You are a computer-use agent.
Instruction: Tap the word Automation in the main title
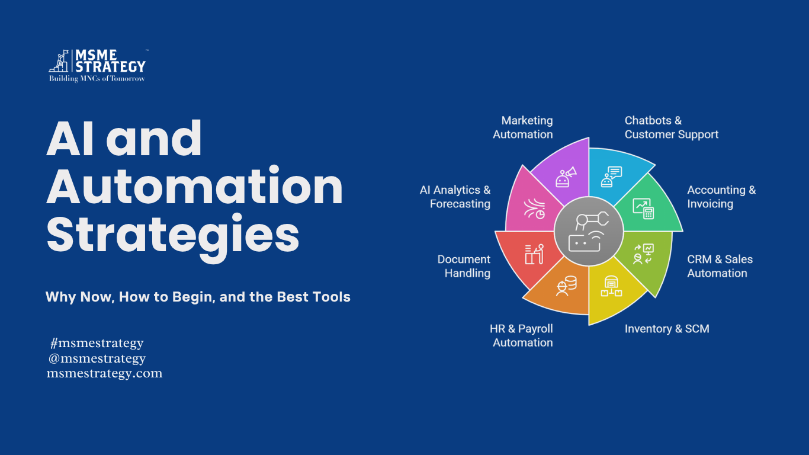[195, 187]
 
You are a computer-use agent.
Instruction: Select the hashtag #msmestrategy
[97, 343]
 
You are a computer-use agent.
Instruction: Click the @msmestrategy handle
[97, 358]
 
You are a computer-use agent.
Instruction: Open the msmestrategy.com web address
[104, 373]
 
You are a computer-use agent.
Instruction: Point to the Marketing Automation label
[522, 127]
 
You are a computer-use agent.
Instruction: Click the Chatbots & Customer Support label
[672, 127]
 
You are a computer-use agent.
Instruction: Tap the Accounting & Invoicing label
[721, 197]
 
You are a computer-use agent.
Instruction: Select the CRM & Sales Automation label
[720, 266]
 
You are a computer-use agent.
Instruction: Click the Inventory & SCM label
[667, 329]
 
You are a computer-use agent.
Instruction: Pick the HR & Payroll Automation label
[521, 335]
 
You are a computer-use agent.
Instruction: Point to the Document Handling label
[464, 266]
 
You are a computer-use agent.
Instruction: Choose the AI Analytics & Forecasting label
[455, 197]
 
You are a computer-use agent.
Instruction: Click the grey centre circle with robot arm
[589, 231]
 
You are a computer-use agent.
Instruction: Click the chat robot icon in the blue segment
[611, 177]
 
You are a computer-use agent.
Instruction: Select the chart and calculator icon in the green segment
[644, 209]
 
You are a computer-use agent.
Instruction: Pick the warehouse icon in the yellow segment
[611, 286]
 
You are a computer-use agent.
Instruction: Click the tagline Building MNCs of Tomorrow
[97, 79]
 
